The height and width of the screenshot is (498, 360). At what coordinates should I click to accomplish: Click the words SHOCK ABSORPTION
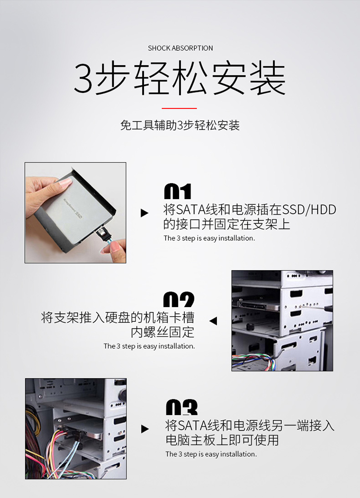point(180,48)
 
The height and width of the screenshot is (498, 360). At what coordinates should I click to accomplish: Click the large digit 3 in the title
point(83,78)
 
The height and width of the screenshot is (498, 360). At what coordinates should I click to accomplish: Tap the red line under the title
point(179,108)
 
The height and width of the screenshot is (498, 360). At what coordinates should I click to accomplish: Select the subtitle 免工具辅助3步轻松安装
point(180,125)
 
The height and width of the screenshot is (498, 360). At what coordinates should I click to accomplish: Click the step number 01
point(178,191)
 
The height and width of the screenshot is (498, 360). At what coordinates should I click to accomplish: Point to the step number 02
point(179,299)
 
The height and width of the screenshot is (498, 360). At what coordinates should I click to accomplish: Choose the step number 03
point(182,407)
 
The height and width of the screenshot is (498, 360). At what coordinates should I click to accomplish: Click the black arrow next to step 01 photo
point(144,213)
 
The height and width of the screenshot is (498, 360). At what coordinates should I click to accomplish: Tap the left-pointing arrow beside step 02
point(213,321)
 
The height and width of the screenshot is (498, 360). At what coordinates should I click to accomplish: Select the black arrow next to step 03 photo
point(145,429)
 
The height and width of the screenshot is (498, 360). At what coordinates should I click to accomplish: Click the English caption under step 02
point(149,346)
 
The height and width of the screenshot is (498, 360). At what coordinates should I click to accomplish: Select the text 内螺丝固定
point(162,332)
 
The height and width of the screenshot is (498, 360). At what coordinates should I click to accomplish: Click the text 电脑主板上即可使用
point(222,440)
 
